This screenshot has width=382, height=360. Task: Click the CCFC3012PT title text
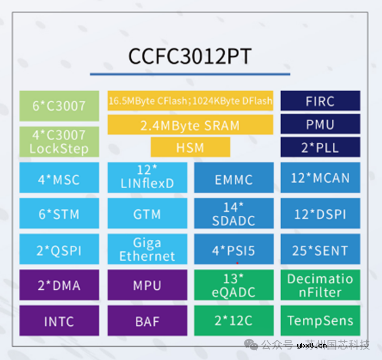coord(190,56)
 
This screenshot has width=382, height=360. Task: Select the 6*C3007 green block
coord(59,106)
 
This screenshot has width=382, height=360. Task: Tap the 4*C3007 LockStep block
coord(59,142)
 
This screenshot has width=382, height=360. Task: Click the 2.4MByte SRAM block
coord(190,125)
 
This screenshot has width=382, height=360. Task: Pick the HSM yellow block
coord(190,147)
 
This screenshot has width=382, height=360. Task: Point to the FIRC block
coord(320,101)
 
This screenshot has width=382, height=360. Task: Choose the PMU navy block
coord(320,124)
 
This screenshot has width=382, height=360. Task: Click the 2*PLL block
coord(320,147)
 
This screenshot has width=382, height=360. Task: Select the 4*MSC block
coord(59,178)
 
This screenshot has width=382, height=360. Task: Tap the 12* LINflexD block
coord(148,178)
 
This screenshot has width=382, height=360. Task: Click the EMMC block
coord(234,178)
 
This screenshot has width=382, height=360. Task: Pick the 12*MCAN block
coord(320,178)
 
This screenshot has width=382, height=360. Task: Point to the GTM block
coord(148,213)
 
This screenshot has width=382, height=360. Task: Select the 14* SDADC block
coord(234,213)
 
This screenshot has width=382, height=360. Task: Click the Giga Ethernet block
coord(148,249)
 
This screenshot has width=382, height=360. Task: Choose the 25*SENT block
coord(320,249)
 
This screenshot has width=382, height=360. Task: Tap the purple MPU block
coord(148,285)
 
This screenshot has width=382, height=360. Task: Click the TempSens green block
coord(320,320)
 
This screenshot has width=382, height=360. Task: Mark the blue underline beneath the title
coord(190,74)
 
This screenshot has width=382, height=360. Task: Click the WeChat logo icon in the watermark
coord(251,345)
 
